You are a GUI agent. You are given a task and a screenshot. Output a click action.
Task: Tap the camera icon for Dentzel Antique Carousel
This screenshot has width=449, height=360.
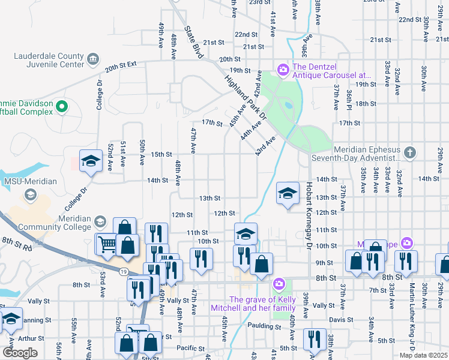tap(283, 71)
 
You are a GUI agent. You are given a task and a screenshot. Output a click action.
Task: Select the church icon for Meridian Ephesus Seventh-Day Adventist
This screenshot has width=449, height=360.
tap(409, 152)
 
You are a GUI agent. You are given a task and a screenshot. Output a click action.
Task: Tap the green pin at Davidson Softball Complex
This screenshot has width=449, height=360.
tap(61, 107)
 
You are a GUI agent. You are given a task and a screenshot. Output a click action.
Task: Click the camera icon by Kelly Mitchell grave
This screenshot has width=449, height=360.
tap(279, 284)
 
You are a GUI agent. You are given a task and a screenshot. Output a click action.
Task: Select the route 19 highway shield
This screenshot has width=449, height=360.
tap(123, 272)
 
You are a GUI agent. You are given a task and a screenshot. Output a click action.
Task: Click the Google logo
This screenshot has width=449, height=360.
tap(20, 352)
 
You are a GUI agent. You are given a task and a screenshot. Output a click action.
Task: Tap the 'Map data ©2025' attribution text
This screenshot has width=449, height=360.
tap(423, 355)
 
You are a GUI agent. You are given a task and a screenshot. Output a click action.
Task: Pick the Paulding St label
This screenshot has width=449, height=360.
tap(265, 326)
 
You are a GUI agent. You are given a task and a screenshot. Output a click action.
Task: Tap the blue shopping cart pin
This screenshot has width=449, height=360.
tap(107, 244)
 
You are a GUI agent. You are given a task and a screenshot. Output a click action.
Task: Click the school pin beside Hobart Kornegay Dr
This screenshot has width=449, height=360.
tap(288, 193)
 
